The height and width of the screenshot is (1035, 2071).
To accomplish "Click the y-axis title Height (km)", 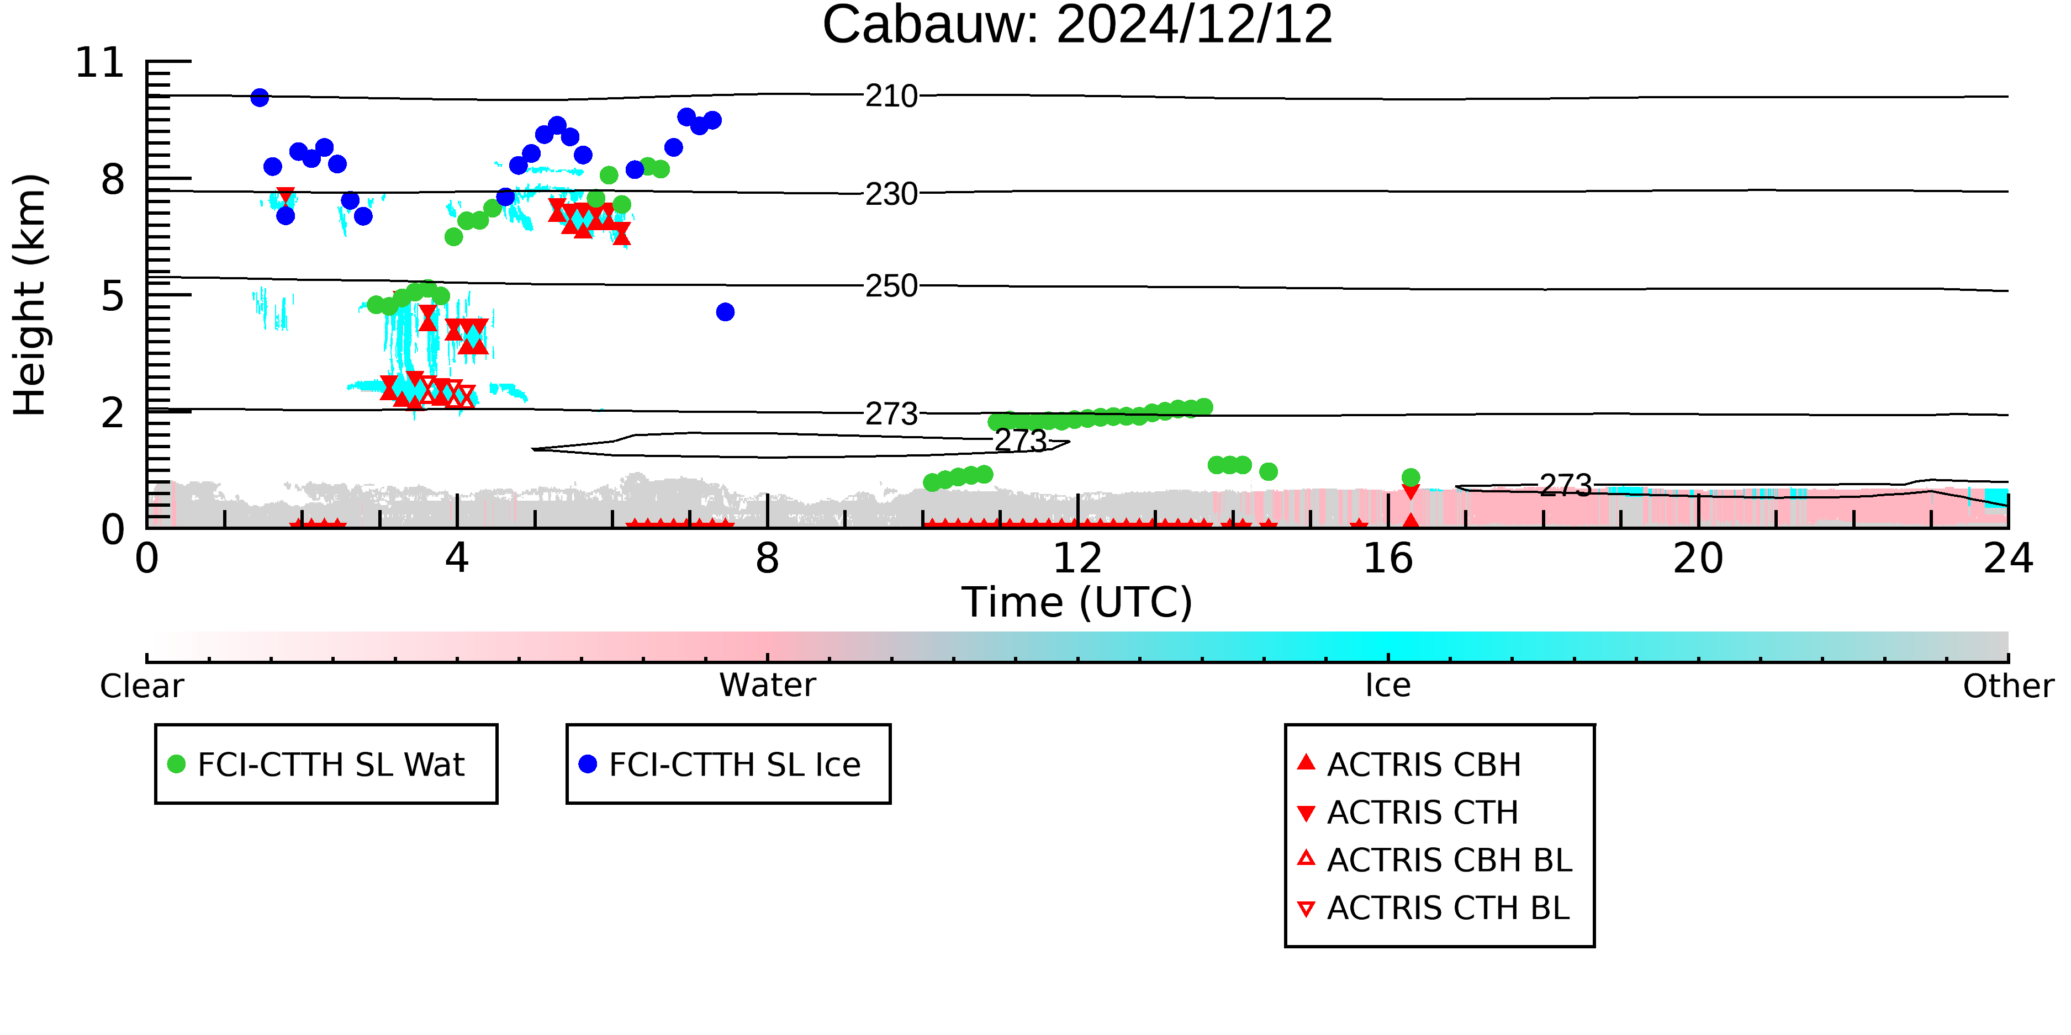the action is pos(30,295).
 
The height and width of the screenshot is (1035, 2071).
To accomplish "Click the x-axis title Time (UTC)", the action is pos(1077,603).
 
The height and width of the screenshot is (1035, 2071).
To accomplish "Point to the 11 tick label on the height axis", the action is pos(100,63).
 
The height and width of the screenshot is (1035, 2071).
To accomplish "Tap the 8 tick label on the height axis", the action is pos(113,180).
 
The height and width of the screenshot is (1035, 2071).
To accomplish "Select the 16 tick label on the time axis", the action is pos(1388,559).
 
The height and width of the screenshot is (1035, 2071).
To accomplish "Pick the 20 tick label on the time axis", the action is pos(1698,559).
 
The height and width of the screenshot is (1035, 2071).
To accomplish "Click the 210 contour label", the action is pos(891,97).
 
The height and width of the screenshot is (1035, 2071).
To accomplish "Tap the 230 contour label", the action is pos(891,194).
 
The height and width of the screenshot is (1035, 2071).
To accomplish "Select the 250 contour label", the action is pos(891,286).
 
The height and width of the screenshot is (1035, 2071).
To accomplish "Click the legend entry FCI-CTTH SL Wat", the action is pos(326,764).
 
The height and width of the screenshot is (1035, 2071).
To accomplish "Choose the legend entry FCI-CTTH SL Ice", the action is pos(728,764).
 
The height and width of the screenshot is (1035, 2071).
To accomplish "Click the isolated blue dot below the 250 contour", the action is pos(725,312).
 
